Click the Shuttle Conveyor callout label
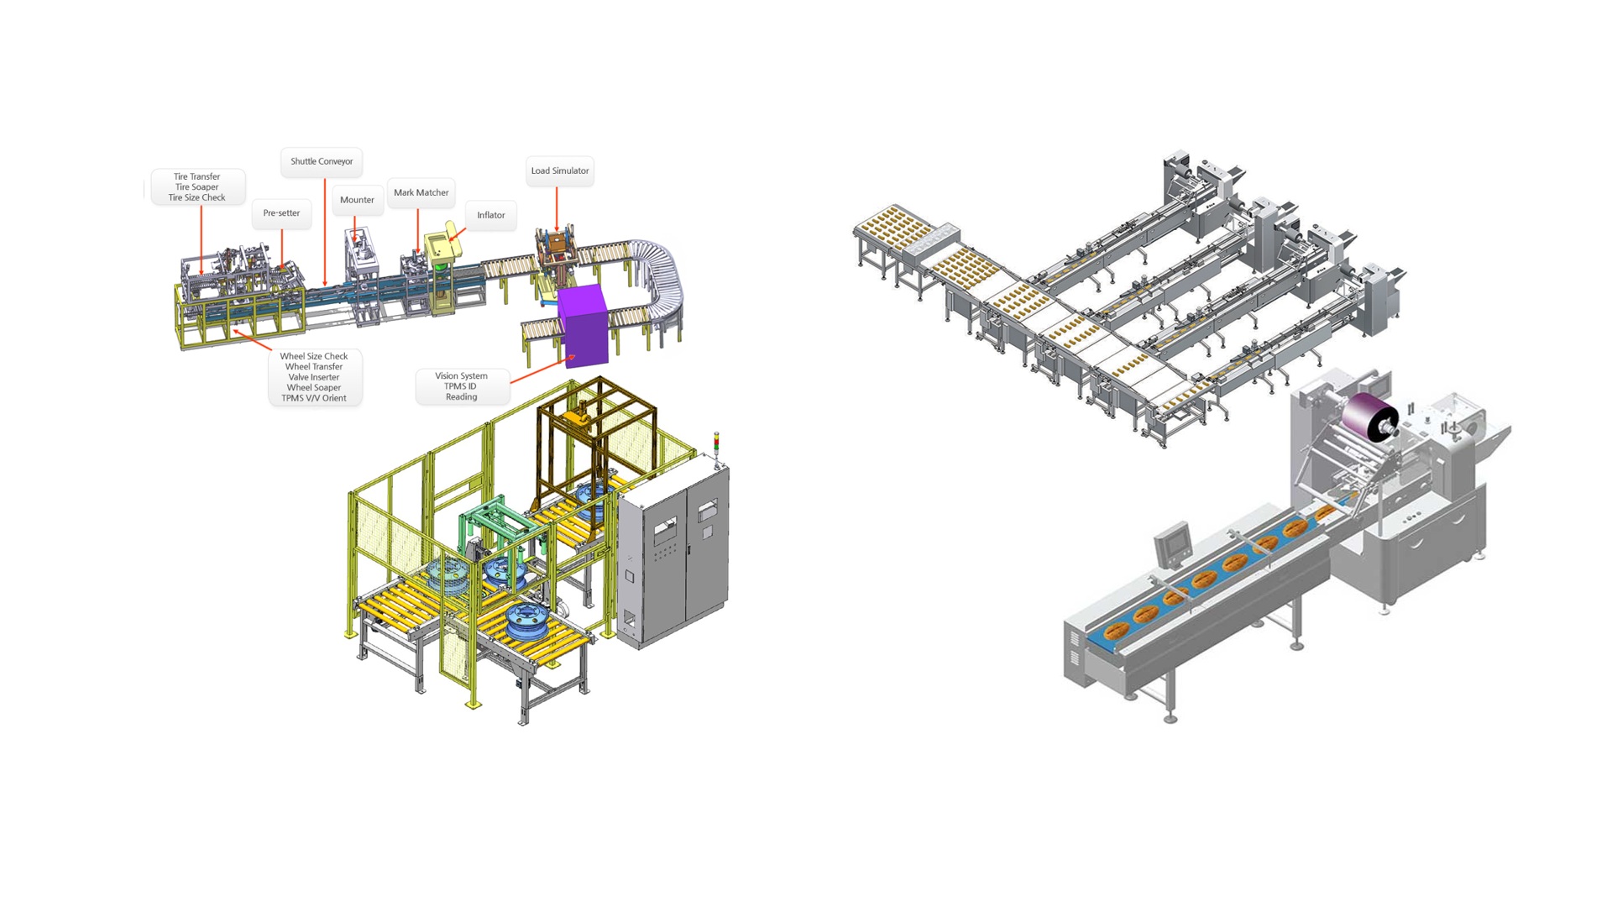[x=322, y=161]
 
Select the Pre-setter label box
[x=281, y=213]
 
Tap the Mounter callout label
[x=357, y=200]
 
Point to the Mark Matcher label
[x=421, y=192]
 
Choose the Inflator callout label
[x=491, y=215]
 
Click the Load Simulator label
[x=560, y=170]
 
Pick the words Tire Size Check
[x=197, y=198]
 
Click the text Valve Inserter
[x=314, y=377]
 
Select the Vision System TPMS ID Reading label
[x=462, y=386]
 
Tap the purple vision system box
[x=583, y=325]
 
